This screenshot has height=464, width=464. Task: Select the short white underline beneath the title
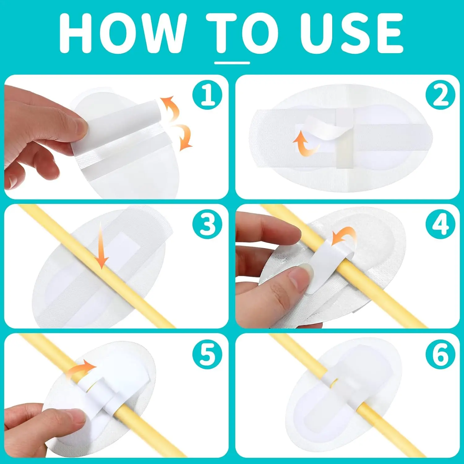point(232,63)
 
